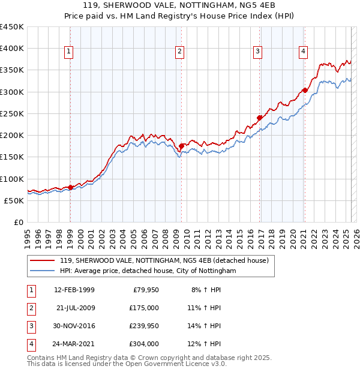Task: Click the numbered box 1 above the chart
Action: [x=70, y=52]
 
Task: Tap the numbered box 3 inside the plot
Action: [x=257, y=52]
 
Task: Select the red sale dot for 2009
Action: [x=181, y=146]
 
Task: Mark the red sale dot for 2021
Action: [x=305, y=90]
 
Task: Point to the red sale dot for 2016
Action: [x=260, y=118]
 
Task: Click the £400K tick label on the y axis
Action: [x=12, y=49]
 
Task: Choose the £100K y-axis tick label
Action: [x=12, y=179]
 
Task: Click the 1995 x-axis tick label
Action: [x=28, y=236]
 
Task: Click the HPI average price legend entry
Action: [x=148, y=271]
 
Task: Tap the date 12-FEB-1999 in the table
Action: [x=74, y=290]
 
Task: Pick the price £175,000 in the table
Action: [x=144, y=308]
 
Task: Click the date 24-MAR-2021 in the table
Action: [x=74, y=344]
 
